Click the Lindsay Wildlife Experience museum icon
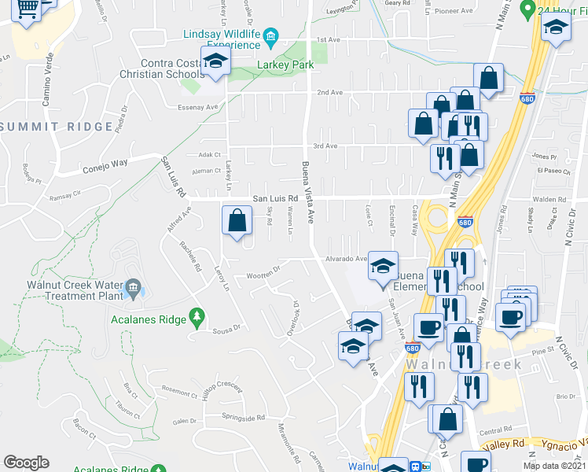[x=271, y=36]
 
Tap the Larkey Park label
[x=285, y=65]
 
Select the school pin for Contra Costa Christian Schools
[x=215, y=61]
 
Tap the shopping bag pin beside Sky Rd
[x=237, y=221]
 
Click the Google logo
[x=26, y=463]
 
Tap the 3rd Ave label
[x=325, y=146]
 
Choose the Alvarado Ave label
[x=347, y=258]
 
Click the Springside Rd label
[x=244, y=417]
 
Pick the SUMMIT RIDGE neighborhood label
[x=57, y=127]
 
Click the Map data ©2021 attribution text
[x=554, y=465]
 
